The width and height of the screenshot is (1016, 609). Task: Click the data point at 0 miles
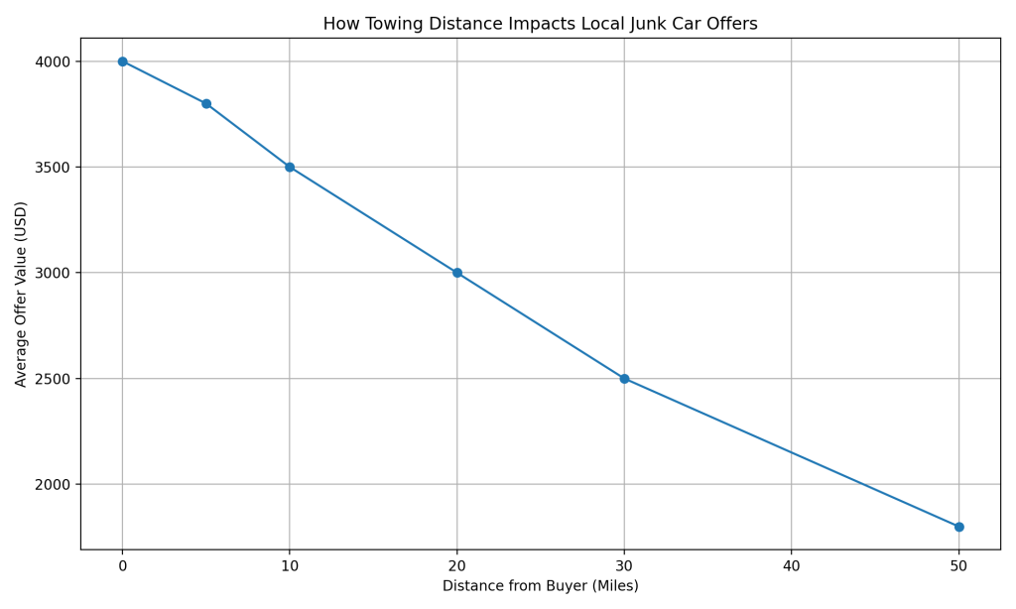[123, 61]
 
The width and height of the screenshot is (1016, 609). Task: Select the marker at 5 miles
[206, 104]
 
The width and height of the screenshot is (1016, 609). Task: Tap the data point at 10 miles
[290, 168]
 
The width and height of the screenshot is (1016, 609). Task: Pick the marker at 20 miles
[457, 273]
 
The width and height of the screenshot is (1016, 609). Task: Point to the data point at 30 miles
[624, 379]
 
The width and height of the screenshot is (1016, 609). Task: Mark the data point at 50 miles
[958, 527]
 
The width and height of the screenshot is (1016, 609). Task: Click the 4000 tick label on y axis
[52, 61]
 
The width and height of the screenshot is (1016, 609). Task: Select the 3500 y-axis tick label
[52, 168]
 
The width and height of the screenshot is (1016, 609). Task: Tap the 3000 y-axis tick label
[52, 273]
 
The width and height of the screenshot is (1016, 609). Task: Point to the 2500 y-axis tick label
[52, 379]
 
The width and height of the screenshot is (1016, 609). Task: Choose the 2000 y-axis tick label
[52, 484]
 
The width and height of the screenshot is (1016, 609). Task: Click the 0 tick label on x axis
[123, 566]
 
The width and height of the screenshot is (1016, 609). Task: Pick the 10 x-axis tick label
[290, 566]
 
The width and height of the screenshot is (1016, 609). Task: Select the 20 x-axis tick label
[457, 566]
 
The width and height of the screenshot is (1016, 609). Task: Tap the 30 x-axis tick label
[624, 566]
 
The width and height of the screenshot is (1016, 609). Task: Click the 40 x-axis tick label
[792, 566]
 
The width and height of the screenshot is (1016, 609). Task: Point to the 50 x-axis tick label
[958, 566]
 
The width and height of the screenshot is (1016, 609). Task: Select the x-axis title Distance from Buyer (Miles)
[541, 586]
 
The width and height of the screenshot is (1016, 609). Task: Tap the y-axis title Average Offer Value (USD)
[22, 294]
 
